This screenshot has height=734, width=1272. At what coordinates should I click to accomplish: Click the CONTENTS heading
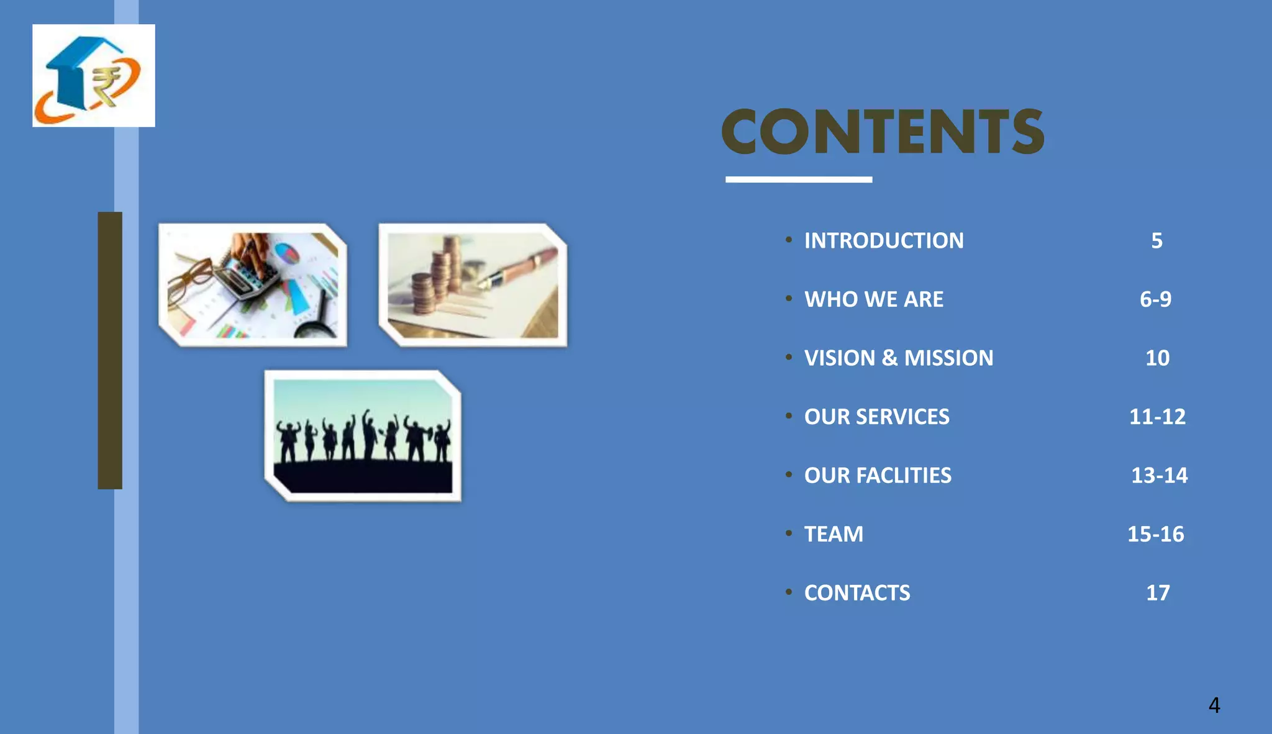883,132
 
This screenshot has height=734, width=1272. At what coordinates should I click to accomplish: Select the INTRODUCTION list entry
884,240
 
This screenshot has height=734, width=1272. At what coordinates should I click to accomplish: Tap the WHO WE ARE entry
873,299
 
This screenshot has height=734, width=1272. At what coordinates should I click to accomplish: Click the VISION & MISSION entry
899,358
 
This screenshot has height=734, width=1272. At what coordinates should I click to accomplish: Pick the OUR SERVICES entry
876,417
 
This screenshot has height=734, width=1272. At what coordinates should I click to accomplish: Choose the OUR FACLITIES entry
878,475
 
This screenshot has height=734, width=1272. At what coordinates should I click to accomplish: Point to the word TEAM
834,534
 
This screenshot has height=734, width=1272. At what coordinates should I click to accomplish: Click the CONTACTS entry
857,592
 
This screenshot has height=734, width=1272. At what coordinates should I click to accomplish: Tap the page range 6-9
1155,299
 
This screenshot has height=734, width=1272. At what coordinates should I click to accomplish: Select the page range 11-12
1157,417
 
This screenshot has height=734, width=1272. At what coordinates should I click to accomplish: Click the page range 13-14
1159,475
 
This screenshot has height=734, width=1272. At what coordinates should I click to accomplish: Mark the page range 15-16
1155,534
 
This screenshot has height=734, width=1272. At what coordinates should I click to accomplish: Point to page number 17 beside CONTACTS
1158,592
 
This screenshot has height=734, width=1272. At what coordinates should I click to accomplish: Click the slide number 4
1214,705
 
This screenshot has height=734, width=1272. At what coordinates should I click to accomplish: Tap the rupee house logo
94,76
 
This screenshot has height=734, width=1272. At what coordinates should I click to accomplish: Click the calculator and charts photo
253,285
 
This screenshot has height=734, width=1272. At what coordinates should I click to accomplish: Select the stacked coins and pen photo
473,285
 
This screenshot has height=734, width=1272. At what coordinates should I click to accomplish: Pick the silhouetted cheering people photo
363,436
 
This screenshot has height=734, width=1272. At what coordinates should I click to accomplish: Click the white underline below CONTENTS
799,179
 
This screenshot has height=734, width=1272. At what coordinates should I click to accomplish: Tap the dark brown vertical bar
110,350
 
